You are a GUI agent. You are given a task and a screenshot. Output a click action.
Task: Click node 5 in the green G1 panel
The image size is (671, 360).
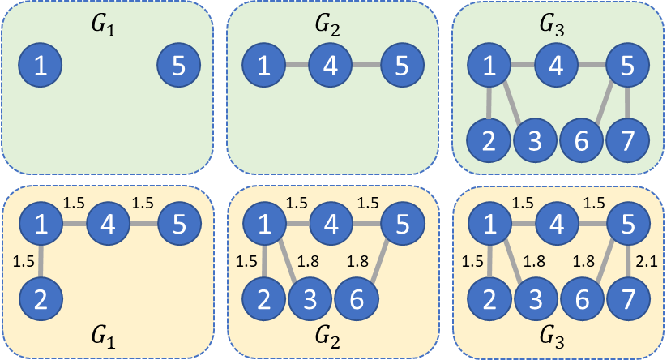(x=179, y=65)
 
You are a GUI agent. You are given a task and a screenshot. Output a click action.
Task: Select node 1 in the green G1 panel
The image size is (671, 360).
(x=38, y=65)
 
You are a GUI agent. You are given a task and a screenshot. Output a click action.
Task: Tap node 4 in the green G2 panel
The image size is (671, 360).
(x=330, y=65)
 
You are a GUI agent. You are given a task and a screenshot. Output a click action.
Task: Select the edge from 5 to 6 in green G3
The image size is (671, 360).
(x=613, y=102)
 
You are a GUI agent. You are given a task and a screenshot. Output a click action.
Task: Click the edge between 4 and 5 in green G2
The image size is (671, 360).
(x=365, y=65)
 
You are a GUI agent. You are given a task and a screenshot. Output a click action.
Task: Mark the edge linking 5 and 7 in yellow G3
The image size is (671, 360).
(x=630, y=259)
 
